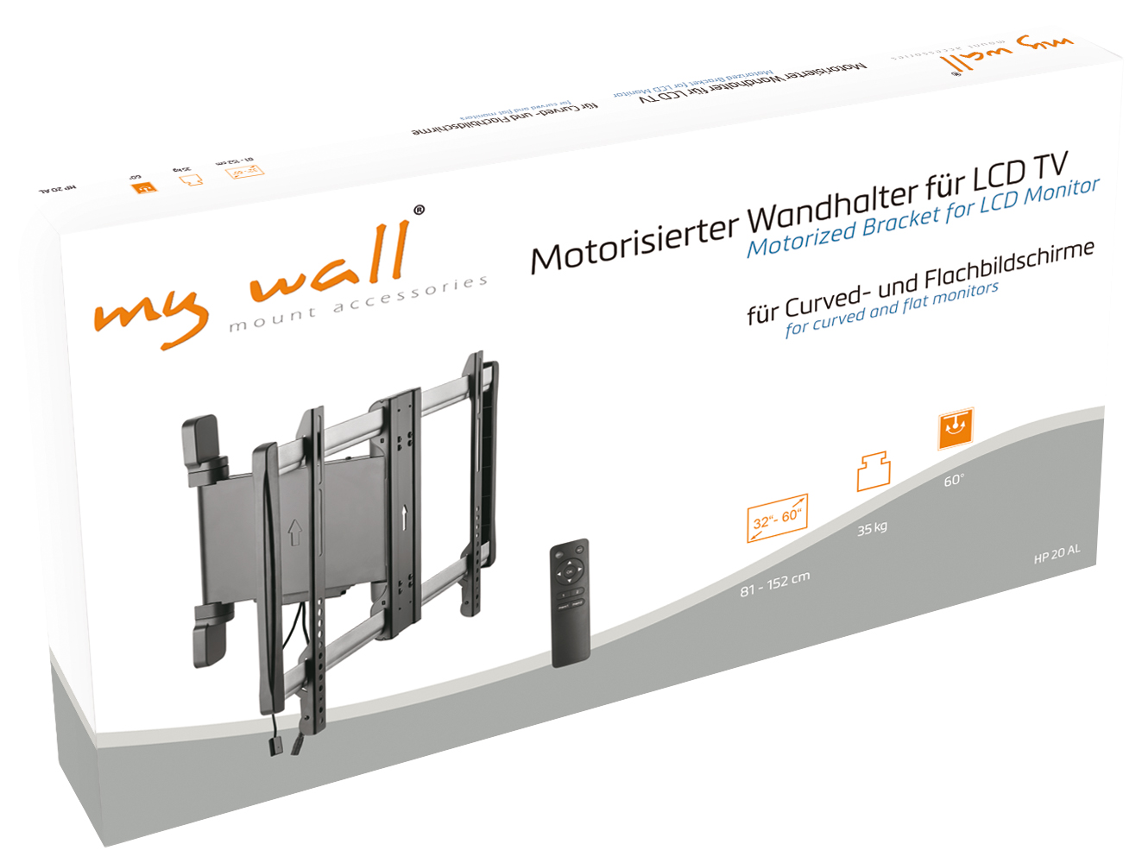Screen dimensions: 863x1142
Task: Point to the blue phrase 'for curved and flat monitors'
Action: click(x=892, y=308)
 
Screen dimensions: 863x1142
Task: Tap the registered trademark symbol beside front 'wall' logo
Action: click(x=420, y=210)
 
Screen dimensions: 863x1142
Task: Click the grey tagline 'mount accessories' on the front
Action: click(x=358, y=304)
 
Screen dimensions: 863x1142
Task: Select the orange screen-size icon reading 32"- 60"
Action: click(x=777, y=519)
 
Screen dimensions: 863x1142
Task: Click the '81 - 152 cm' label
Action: click(x=774, y=584)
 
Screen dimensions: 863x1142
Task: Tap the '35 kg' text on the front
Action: click(x=872, y=527)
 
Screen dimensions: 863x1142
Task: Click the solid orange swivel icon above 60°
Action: click(x=956, y=428)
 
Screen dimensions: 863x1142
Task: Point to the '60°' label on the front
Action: click(x=954, y=480)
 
